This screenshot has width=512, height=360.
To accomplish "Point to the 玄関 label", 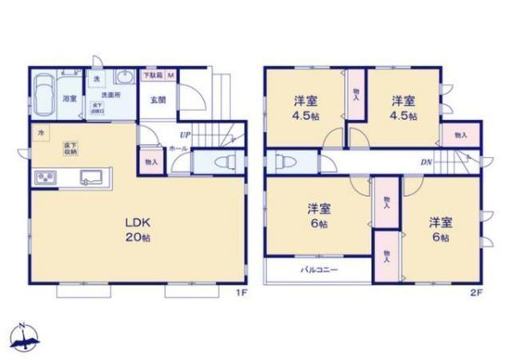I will [x=158, y=101].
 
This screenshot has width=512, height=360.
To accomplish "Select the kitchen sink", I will [x=94, y=178].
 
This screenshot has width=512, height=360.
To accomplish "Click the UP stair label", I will [x=185, y=135].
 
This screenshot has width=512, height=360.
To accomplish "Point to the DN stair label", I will [x=426, y=162].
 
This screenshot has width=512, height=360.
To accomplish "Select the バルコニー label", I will [x=318, y=270].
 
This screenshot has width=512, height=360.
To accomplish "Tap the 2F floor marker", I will [x=475, y=293].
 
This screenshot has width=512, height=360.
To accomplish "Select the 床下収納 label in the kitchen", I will [x=70, y=147].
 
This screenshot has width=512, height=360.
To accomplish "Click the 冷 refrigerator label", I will [x=38, y=131].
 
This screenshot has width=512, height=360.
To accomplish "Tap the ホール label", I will [x=178, y=149].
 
